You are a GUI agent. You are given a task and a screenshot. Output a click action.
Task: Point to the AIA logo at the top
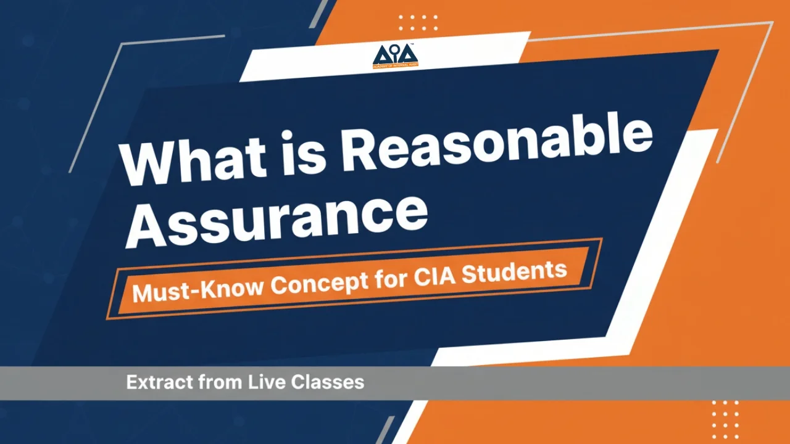coord(395,57)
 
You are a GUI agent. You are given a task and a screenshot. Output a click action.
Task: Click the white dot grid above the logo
coord(418,23)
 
